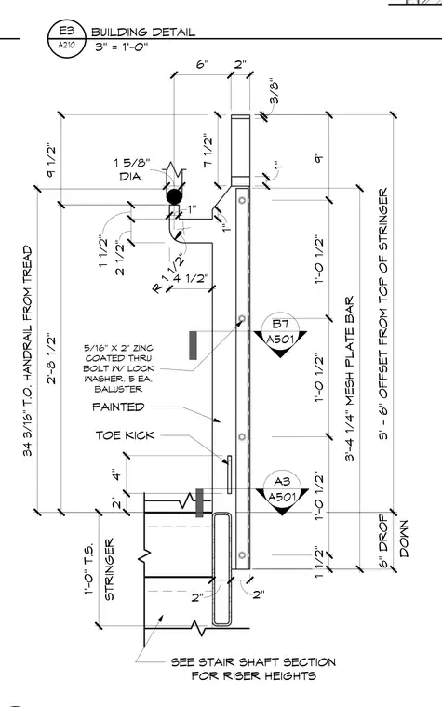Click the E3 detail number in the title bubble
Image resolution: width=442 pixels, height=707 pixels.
[x=66, y=31]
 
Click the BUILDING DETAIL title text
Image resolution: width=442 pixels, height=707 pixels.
[x=143, y=32]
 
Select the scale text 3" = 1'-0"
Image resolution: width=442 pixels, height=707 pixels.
[x=121, y=46]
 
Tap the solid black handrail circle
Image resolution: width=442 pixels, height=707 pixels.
[x=175, y=196]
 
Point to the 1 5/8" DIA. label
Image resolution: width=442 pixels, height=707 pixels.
[x=131, y=169]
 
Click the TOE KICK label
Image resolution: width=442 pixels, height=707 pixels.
[x=125, y=435]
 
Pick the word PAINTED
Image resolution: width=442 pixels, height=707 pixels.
[x=118, y=407]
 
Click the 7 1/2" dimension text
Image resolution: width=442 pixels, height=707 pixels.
[x=208, y=150]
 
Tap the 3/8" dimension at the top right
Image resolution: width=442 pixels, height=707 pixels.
[x=274, y=93]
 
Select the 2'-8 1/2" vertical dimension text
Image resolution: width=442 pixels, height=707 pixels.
[x=51, y=358]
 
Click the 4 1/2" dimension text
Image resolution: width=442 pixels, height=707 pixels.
[x=191, y=278]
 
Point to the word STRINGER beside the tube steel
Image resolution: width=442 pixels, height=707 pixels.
[x=109, y=569]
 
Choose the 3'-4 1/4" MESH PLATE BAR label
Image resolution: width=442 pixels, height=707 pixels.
[x=350, y=379]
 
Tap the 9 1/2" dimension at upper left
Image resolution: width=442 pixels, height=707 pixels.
[x=51, y=160]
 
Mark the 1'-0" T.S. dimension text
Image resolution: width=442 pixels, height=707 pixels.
[x=89, y=569]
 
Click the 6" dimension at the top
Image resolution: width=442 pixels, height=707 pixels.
[x=203, y=64]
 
